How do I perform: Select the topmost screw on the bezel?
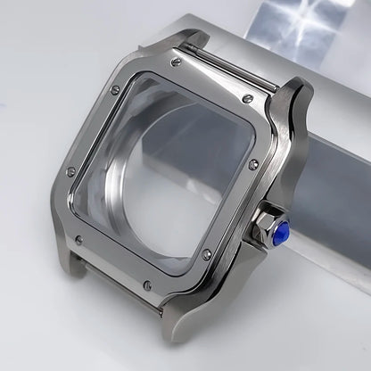pos(176,62)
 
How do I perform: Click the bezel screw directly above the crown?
pos(252,163)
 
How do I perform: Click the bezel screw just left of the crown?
pos(207,255)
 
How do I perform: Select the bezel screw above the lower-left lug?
pos(78,239)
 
